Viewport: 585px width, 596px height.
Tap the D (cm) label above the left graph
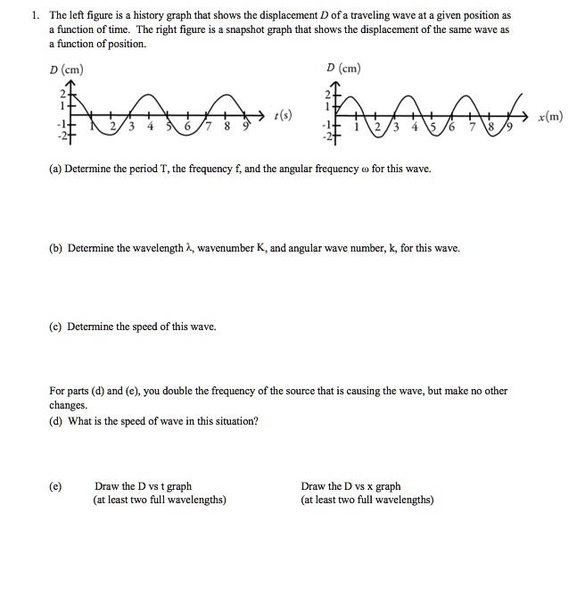[x=67, y=70]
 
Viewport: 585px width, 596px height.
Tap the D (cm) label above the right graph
[x=343, y=68]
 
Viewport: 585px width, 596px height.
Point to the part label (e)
[x=56, y=486]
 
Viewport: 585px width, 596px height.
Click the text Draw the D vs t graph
[x=143, y=486]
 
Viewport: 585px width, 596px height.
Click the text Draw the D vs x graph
[x=351, y=486]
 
